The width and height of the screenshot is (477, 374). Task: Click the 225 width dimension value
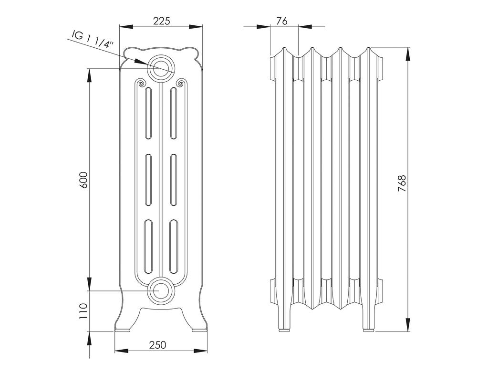[x=161, y=21]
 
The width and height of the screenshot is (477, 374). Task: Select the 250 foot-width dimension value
[x=157, y=345]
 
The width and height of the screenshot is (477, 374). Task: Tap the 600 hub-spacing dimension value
[x=83, y=180]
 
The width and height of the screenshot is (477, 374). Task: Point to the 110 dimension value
[x=83, y=311]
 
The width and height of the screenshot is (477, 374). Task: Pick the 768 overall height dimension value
[x=402, y=183]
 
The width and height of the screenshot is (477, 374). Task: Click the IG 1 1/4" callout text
[x=93, y=39]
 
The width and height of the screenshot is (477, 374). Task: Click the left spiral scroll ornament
[x=141, y=83]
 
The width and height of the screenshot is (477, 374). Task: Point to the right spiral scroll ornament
[x=180, y=83]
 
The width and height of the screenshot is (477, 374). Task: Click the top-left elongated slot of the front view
[x=148, y=113]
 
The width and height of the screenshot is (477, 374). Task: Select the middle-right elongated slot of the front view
[x=174, y=180]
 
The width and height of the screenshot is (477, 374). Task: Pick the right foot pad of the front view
[x=199, y=330]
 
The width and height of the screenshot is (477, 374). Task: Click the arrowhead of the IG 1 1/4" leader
[x=141, y=61]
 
